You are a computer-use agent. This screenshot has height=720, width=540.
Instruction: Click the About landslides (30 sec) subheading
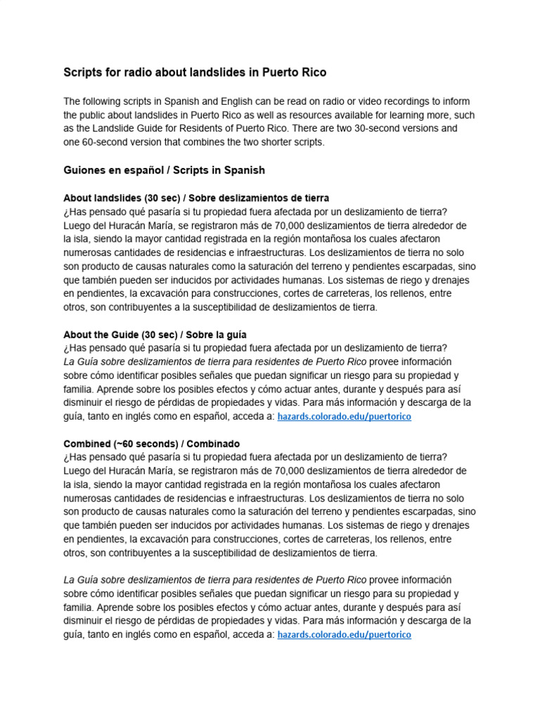coord(123,198)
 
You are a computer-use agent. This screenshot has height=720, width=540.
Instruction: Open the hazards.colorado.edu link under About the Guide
coord(345,417)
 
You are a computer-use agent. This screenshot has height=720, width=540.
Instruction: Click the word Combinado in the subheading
coord(214,444)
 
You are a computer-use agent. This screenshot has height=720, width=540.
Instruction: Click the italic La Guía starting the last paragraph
coord(82,580)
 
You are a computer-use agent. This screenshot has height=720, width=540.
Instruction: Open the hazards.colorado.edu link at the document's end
coord(345,635)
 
